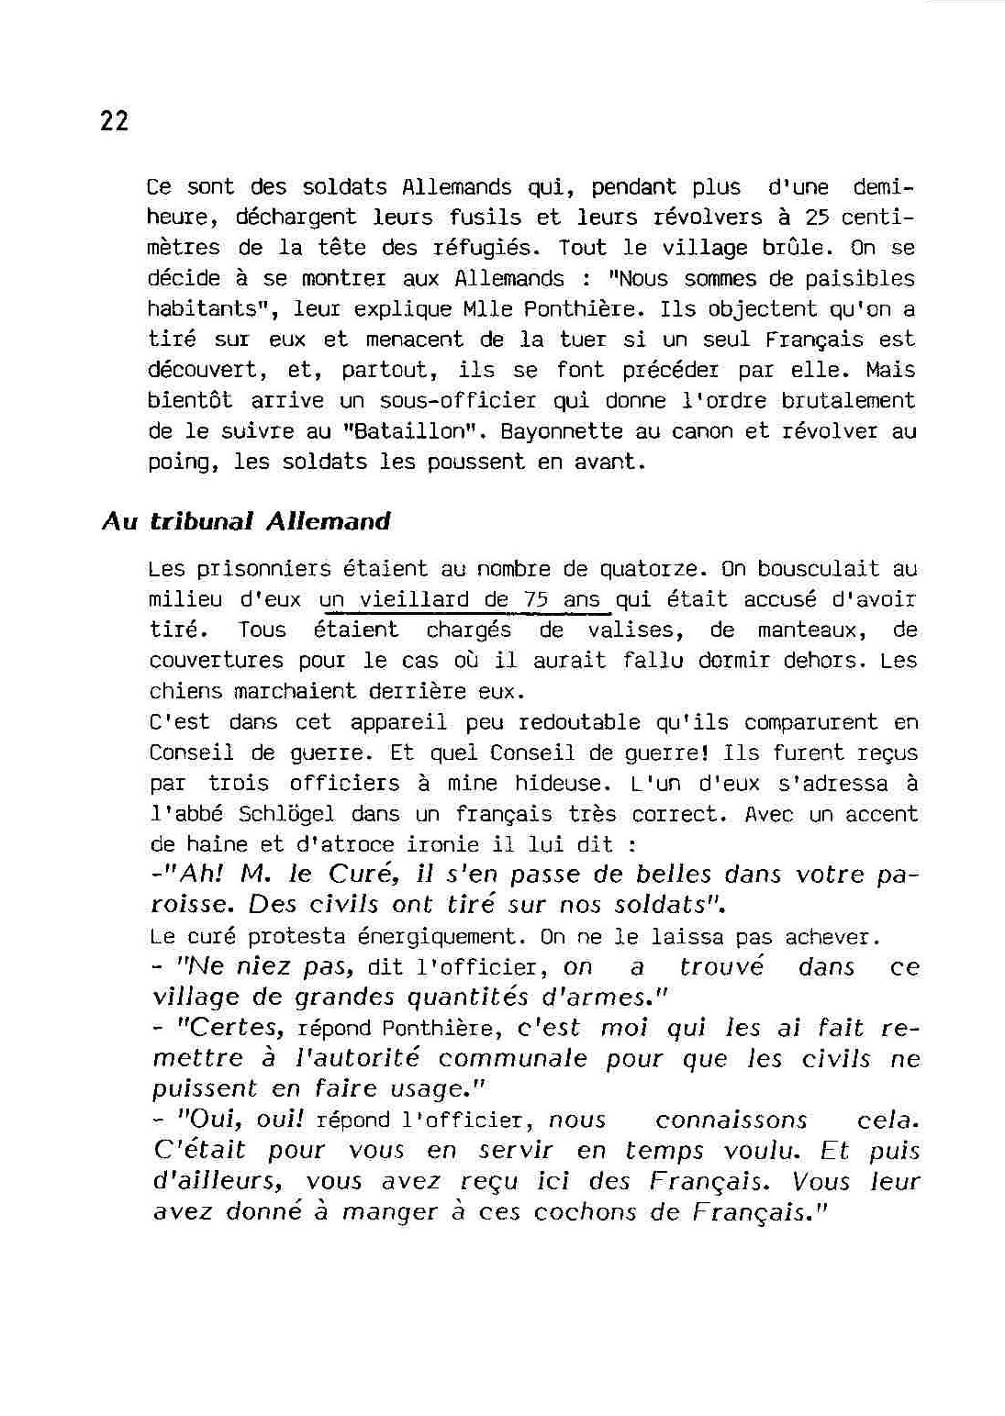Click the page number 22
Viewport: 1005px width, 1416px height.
114,121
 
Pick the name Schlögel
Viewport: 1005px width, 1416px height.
288,814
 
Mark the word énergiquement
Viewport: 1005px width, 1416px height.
441,937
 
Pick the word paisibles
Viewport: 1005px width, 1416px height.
860,279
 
